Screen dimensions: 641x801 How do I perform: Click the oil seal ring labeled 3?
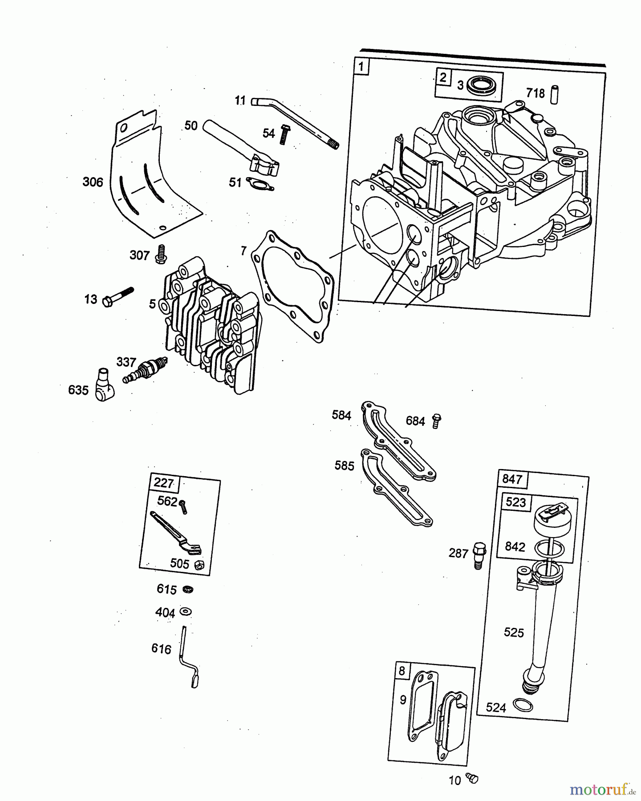coord(483,85)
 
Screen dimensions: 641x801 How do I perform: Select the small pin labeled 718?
coord(554,93)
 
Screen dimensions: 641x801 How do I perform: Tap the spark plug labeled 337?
coord(145,370)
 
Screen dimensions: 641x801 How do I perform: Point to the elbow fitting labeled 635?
coord(105,384)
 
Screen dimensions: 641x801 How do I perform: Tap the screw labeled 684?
coord(437,421)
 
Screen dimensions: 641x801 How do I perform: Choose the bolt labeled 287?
coord(479,555)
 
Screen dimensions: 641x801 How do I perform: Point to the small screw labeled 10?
coord(472,778)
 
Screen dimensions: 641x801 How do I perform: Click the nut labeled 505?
coord(199,564)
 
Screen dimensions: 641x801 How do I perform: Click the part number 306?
coord(93,182)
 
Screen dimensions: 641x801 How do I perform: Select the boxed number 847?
coord(511,479)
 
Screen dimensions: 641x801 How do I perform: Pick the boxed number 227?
coord(164,483)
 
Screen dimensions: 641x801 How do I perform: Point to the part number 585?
coord(345,465)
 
